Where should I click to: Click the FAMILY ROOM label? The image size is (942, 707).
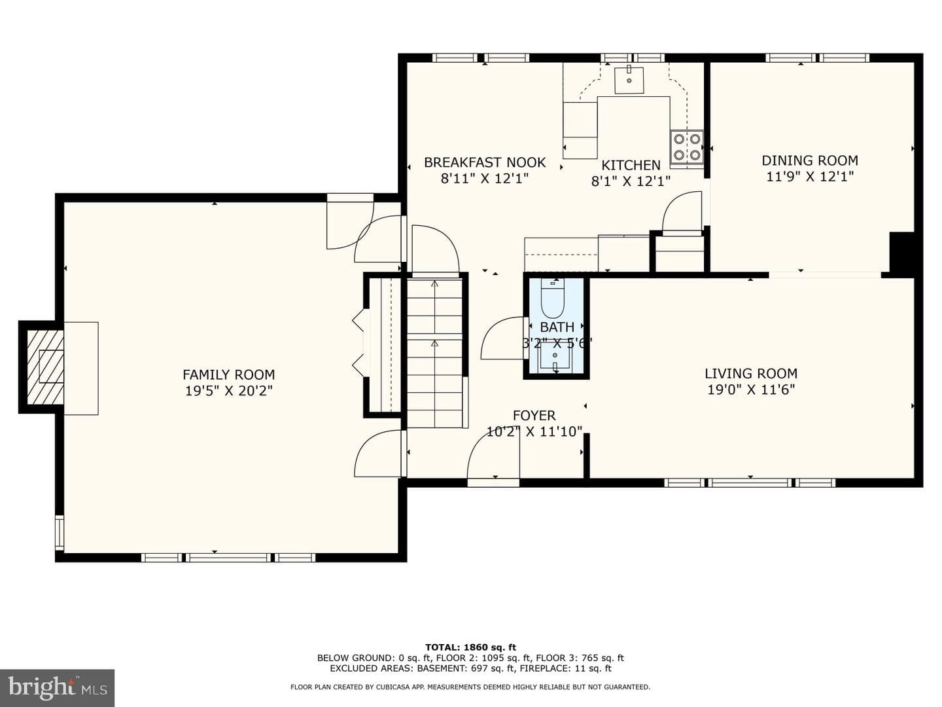point(229,374)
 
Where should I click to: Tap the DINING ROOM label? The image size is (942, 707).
point(810,160)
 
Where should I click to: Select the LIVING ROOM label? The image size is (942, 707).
point(751,373)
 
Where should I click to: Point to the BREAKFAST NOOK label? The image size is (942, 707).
point(485,162)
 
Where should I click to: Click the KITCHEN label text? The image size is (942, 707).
point(631,165)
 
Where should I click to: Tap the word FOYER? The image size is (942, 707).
point(534,416)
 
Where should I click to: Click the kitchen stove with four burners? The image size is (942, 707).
point(687,147)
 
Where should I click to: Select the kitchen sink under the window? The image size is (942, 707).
point(629,80)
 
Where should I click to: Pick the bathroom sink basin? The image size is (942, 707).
point(555,356)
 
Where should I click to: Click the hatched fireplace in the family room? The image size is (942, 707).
point(46,367)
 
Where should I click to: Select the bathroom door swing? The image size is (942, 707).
point(503,338)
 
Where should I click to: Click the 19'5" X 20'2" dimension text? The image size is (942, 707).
point(229,391)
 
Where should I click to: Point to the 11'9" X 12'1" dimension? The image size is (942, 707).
point(810,177)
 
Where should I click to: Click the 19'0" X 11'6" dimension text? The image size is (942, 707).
point(751,390)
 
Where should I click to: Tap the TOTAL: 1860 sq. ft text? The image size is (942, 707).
point(471,647)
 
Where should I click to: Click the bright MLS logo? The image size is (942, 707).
point(57,688)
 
